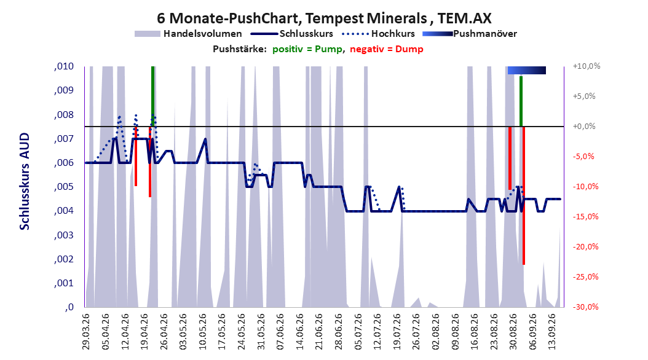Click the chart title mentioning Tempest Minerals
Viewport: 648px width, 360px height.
[x=324, y=18]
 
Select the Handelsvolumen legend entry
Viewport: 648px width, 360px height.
[x=189, y=34]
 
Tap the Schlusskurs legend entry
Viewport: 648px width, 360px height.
[x=292, y=34]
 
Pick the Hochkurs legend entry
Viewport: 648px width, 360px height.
[x=379, y=34]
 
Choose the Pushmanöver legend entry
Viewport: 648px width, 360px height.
[x=470, y=34]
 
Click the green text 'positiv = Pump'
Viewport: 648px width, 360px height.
[x=307, y=49]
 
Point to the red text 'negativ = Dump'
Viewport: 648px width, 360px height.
[x=387, y=49]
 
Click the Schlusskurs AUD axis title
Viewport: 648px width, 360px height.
[x=25, y=181]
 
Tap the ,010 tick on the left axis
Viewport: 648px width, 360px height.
[x=64, y=66]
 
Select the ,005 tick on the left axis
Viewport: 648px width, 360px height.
[x=64, y=187]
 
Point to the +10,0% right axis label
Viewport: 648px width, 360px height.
[x=587, y=66]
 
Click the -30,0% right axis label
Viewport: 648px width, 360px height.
[x=585, y=307]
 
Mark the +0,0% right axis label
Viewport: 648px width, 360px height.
[x=584, y=127]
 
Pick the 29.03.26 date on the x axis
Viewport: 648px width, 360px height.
[x=85, y=331]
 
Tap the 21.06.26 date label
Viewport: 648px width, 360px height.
[x=319, y=331]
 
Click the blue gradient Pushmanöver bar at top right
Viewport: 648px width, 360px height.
[x=526, y=70]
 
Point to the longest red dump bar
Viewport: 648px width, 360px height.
[x=524, y=195]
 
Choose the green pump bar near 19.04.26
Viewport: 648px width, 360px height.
[x=153, y=96]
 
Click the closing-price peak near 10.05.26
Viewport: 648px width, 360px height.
[x=205, y=139]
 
